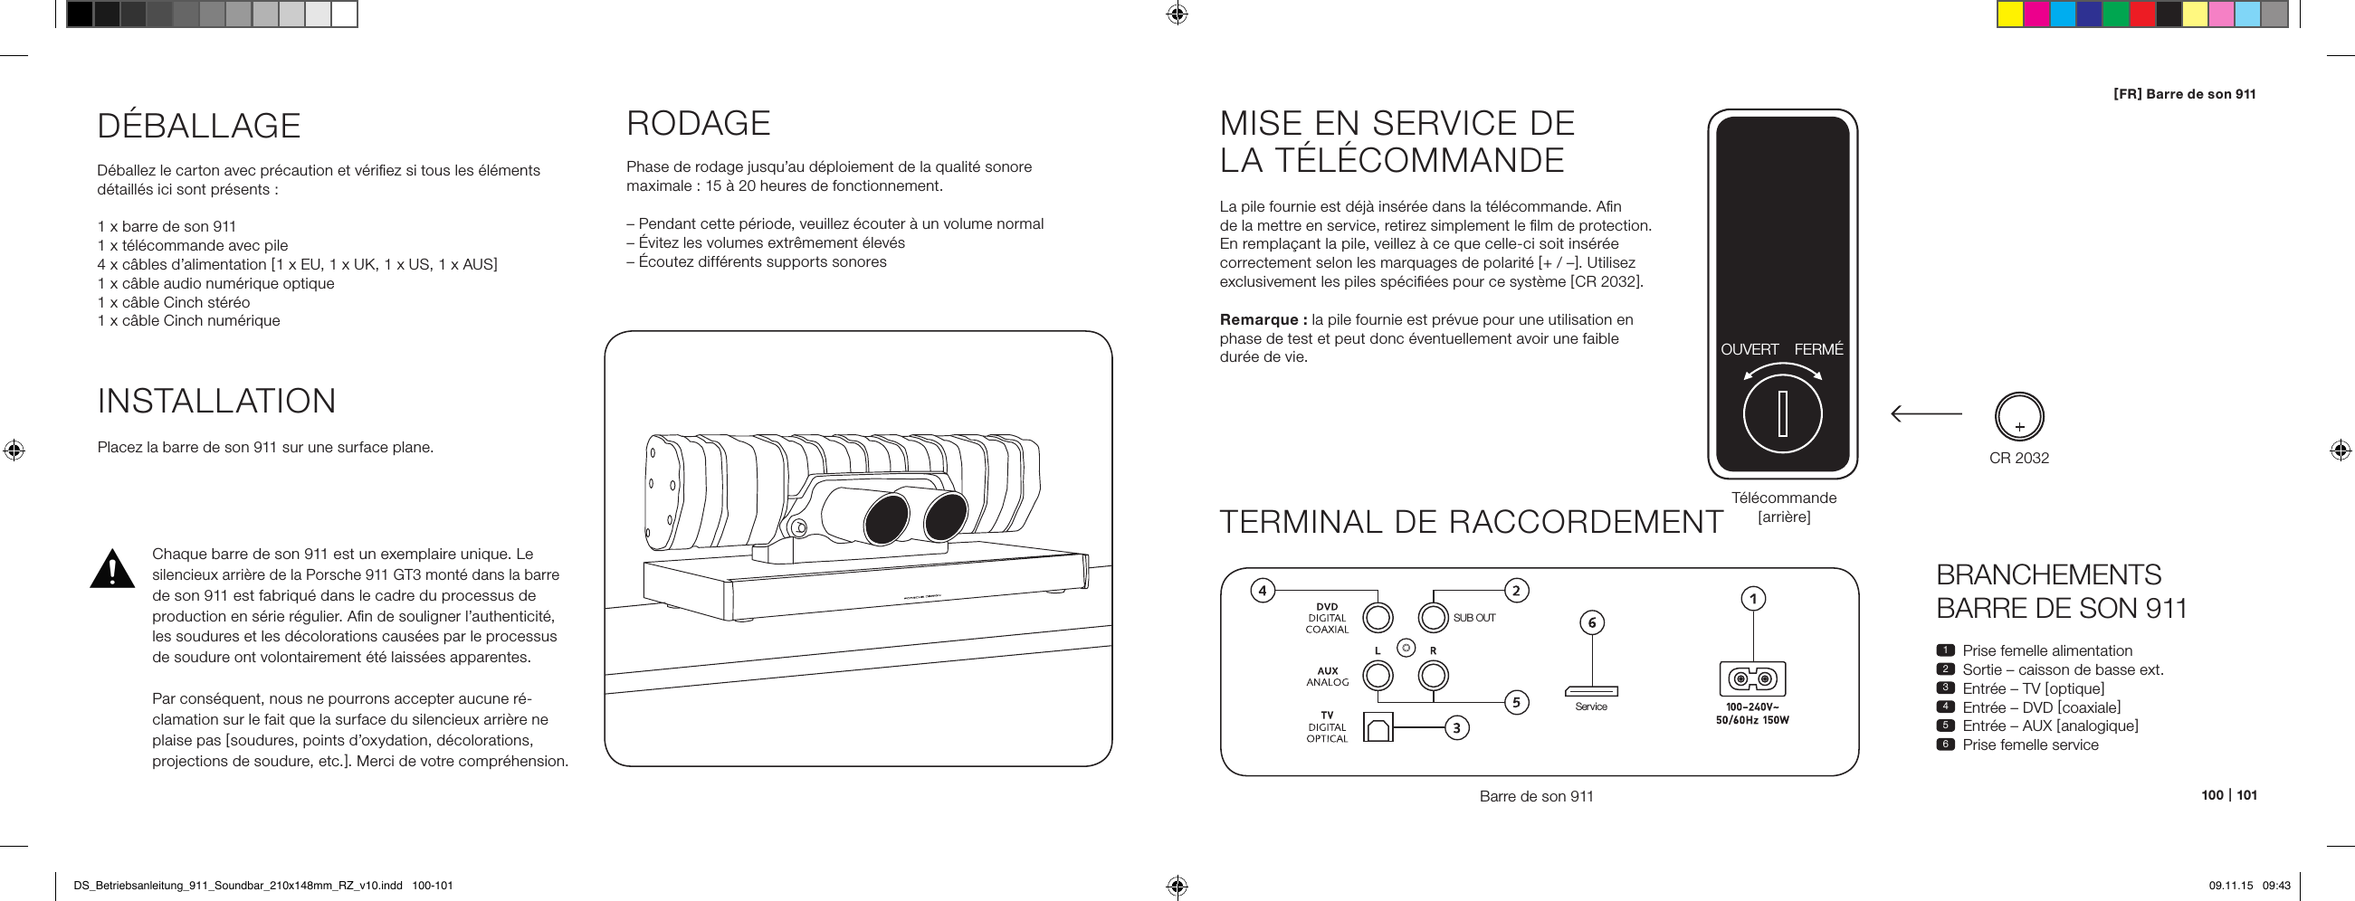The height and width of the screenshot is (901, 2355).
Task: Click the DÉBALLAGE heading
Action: pyautogui.click(x=198, y=126)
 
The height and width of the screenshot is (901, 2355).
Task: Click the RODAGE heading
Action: pyautogui.click(x=699, y=123)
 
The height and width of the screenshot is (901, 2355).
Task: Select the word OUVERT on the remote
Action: pyautogui.click(x=1749, y=350)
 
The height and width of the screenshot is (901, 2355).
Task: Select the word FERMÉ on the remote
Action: pyautogui.click(x=1818, y=350)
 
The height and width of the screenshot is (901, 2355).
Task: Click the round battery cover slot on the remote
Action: pyautogui.click(x=1782, y=414)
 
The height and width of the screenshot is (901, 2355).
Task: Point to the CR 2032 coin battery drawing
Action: pyautogui.click(x=2018, y=417)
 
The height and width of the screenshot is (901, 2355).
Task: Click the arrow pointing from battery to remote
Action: pyautogui.click(x=1926, y=414)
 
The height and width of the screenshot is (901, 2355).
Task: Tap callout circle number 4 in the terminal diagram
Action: pyautogui.click(x=1263, y=591)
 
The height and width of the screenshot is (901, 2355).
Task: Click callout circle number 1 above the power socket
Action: pyautogui.click(x=1752, y=600)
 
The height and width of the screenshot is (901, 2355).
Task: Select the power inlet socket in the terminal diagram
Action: pyautogui.click(x=1752, y=679)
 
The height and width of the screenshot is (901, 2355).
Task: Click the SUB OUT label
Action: pyautogui.click(x=1474, y=618)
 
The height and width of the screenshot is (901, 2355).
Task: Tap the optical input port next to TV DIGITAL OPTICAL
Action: pyautogui.click(x=1378, y=726)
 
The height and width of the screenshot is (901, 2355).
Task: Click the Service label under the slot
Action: pyautogui.click(x=1591, y=707)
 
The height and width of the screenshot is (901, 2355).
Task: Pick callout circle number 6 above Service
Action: pyautogui.click(x=1592, y=623)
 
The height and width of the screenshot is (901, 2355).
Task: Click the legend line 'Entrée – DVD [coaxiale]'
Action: pyautogui.click(x=2041, y=707)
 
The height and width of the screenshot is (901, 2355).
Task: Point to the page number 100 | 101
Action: pyautogui.click(x=2229, y=795)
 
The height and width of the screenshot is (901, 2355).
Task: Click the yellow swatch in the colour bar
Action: pyautogui.click(x=2009, y=14)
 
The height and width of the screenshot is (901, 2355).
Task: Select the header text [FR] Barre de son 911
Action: pyautogui.click(x=2184, y=94)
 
